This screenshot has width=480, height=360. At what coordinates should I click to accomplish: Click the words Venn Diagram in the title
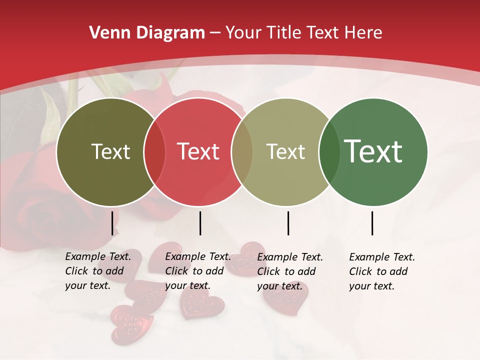point(147,33)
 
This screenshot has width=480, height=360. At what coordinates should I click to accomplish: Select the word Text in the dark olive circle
point(110,152)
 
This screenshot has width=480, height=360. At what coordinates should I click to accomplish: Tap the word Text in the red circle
point(198,152)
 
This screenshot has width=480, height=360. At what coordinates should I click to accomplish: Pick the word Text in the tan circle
point(285,152)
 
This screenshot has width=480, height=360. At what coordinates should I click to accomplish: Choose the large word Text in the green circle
point(373,151)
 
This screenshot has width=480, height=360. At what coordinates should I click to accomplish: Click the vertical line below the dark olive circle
point(112,223)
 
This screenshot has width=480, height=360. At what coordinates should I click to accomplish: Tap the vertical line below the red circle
point(200,223)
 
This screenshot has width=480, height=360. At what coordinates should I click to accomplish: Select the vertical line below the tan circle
point(288,223)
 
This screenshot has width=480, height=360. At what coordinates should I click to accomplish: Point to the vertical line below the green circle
point(372,223)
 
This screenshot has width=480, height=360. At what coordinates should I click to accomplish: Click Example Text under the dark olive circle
point(98,256)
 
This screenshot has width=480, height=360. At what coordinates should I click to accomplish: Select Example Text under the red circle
point(198,256)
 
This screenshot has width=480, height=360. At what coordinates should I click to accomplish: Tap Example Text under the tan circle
point(290,257)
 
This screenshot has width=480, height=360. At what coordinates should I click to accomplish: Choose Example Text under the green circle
point(382,257)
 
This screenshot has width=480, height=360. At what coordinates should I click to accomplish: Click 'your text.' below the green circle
point(372,286)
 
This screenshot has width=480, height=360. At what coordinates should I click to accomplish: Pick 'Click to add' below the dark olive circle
point(94,271)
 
